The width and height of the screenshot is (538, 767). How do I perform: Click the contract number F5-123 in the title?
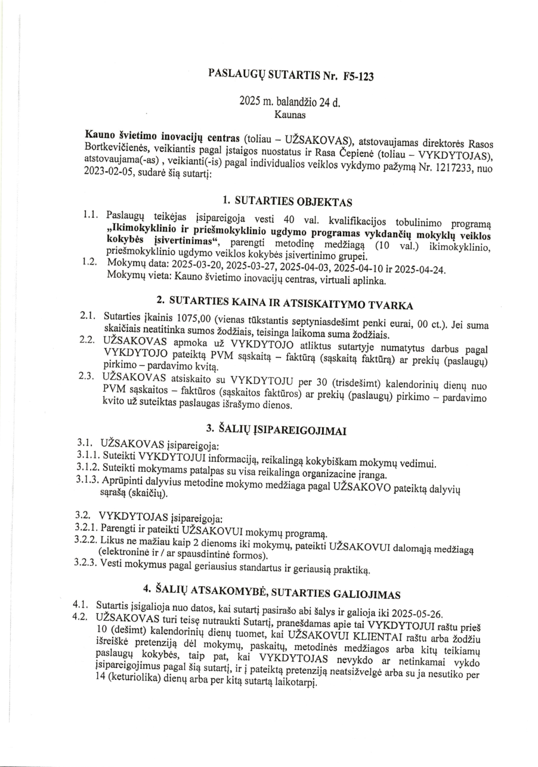pyautogui.click(x=358, y=76)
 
